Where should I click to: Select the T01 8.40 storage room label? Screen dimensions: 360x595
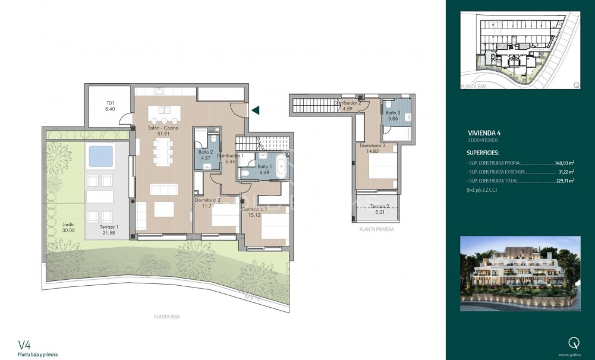(x=109, y=106)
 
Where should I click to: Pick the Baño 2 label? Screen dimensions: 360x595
(x=206, y=154)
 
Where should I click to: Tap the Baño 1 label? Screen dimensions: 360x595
(x=266, y=170)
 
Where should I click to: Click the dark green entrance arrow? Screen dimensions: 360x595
(x=256, y=110)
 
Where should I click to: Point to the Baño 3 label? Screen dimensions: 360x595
(x=392, y=116)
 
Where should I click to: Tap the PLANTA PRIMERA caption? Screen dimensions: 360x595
(x=376, y=229)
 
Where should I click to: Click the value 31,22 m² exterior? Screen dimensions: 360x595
(x=565, y=172)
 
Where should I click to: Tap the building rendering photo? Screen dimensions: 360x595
(x=520, y=273)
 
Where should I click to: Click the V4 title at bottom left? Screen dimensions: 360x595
(x=24, y=344)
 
